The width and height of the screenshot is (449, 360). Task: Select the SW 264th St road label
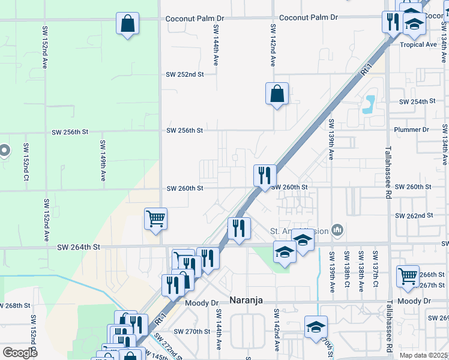coord(78,247)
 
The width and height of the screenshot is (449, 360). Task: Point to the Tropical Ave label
coord(418,45)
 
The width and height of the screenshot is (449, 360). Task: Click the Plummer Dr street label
coord(411,130)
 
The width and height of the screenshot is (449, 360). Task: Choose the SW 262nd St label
coord(414,215)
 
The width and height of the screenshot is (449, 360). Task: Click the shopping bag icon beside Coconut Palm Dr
coord(128,24)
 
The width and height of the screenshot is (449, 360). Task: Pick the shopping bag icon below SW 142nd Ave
coord(277,94)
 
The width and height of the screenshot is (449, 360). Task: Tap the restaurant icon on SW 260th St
coord(265,176)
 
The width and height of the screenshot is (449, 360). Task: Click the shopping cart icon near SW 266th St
coord(408,276)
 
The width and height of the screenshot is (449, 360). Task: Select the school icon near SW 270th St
coord(315,327)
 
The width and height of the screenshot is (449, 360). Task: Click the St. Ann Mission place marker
coord(337,230)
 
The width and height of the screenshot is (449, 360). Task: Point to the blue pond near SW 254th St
coord(369,105)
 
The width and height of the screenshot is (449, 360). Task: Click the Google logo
coord(20,353)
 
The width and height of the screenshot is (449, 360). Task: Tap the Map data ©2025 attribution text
coord(423,355)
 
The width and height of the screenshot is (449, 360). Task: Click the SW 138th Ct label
coord(346,271)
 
